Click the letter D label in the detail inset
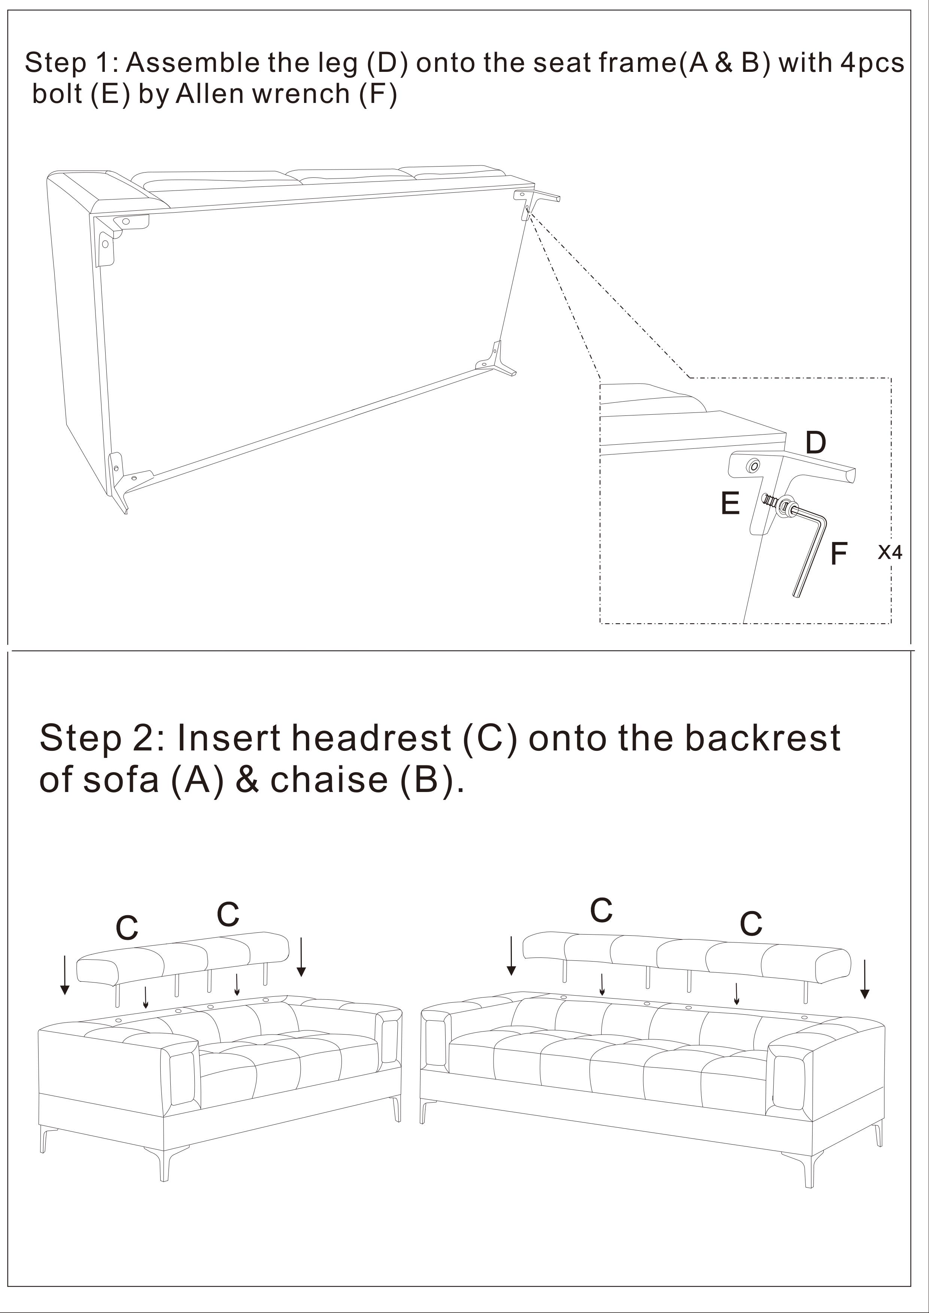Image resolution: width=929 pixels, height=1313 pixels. click(816, 443)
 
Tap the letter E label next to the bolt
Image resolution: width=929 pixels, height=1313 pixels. click(730, 503)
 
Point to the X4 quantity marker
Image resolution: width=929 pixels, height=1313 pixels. click(890, 552)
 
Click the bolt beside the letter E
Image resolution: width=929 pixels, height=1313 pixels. click(772, 502)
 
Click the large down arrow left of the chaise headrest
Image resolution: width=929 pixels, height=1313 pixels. click(65, 975)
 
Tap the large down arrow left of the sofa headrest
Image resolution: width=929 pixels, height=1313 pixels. click(511, 956)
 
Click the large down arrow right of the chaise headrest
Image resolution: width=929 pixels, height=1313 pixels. click(301, 957)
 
